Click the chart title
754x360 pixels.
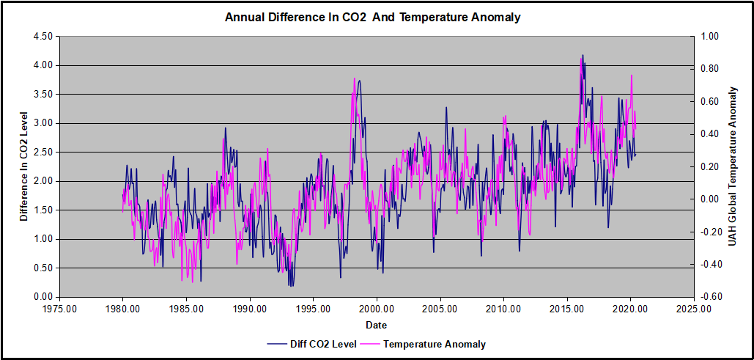[x=373, y=17]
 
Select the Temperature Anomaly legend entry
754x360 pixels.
[x=434, y=343]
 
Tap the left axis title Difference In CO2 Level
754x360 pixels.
[x=24, y=166]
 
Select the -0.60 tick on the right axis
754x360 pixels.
[x=712, y=297]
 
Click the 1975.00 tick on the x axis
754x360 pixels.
[x=59, y=309]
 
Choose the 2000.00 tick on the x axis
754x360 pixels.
[x=377, y=309]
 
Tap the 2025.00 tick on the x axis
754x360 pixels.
[x=694, y=309]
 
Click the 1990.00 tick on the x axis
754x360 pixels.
[x=249, y=309]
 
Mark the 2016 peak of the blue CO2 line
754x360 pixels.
[x=583, y=55]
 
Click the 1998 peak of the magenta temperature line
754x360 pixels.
[x=355, y=78]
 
